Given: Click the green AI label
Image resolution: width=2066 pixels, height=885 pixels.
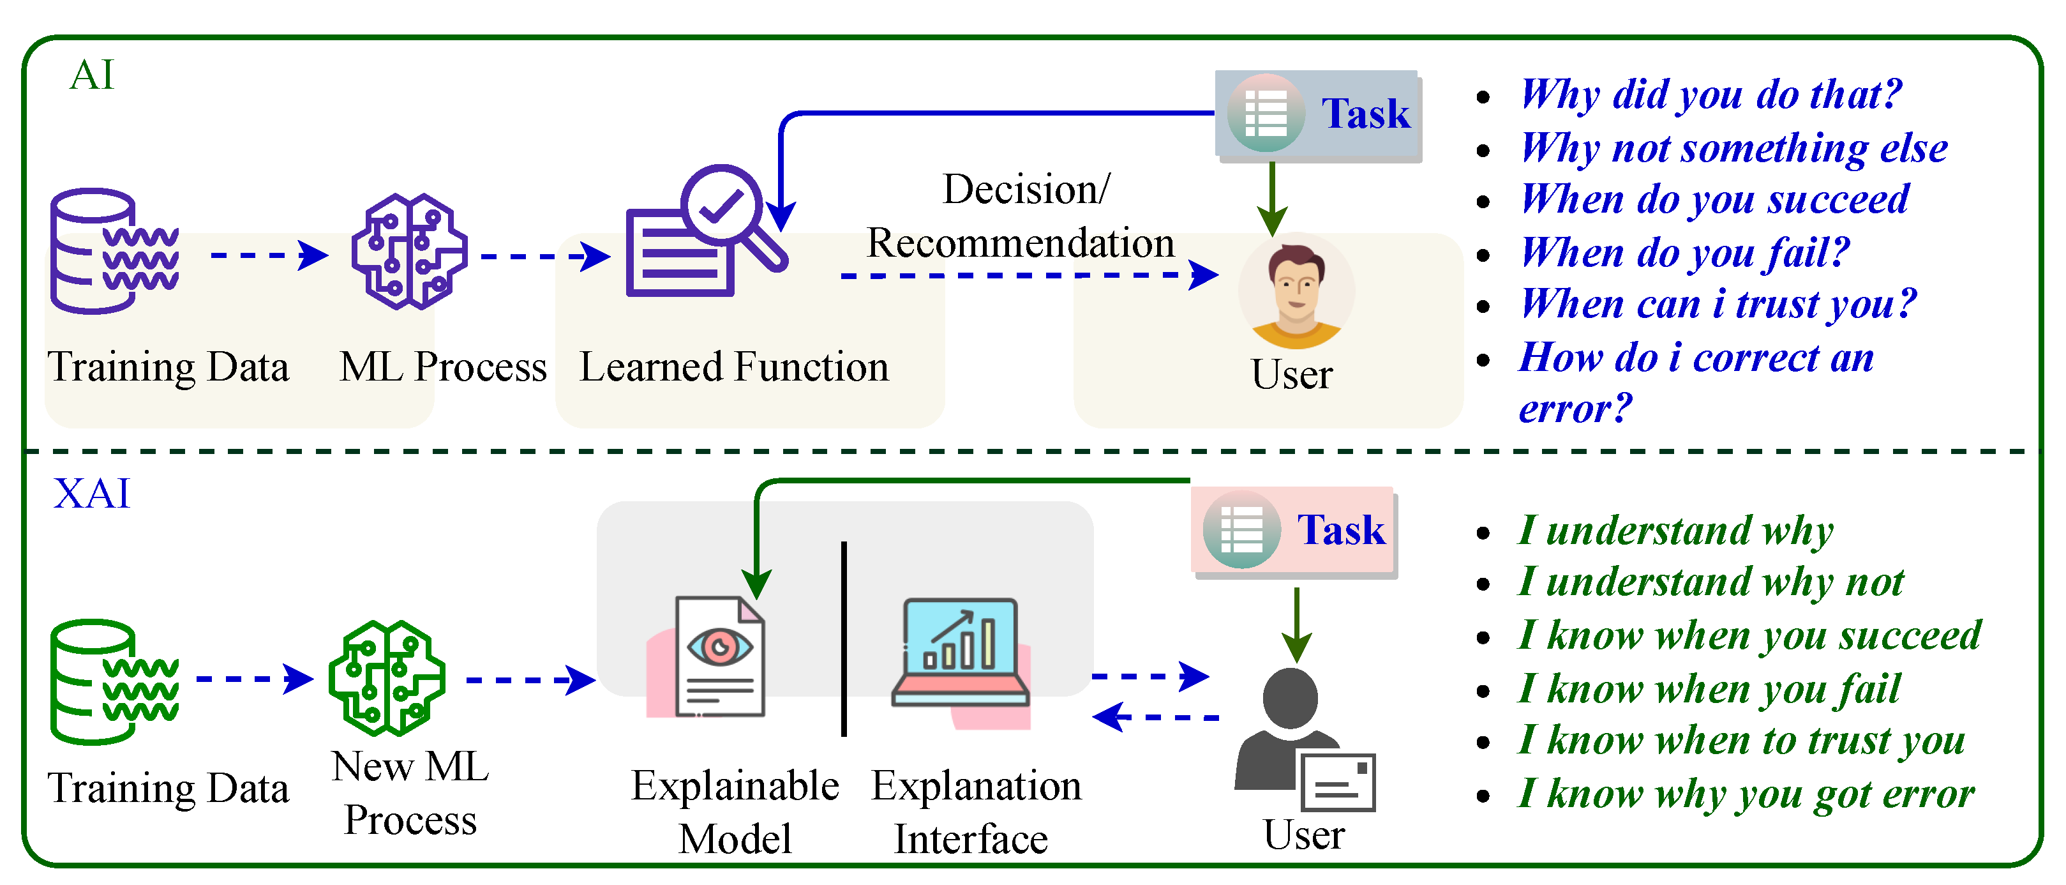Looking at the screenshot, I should (93, 75).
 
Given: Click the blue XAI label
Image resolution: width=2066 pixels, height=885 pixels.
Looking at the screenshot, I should (91, 493).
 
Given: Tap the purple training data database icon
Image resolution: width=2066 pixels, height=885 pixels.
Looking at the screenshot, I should (112, 251).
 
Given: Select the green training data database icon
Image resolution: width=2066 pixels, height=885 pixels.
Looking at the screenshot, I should (112, 681).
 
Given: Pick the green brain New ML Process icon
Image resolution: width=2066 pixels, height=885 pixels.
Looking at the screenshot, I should (387, 679).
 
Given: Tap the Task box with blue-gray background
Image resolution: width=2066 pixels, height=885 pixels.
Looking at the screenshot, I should (1319, 115).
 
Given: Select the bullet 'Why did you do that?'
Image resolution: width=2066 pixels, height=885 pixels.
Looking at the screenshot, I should (1710, 95).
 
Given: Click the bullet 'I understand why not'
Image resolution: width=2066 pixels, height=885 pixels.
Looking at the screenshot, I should (1710, 582).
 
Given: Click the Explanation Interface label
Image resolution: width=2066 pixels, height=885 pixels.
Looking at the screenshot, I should (975, 812).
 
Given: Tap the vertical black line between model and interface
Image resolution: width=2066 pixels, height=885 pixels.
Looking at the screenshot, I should (844, 639).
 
